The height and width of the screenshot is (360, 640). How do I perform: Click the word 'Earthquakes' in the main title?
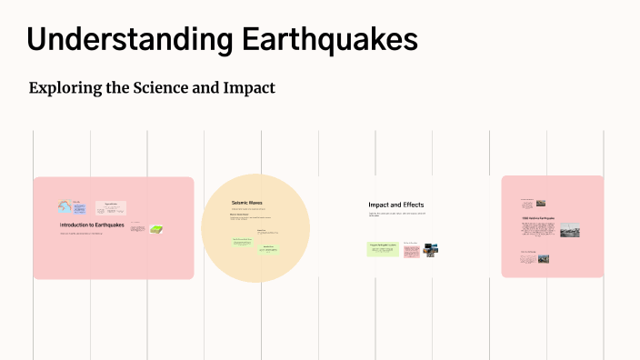343,41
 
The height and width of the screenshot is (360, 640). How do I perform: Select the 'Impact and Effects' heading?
395,205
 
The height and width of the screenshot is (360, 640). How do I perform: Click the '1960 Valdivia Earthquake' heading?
538,218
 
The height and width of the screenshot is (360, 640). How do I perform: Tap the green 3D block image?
156,229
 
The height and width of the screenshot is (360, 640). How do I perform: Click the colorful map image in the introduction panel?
65,207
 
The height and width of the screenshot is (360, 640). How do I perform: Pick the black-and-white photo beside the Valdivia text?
569,230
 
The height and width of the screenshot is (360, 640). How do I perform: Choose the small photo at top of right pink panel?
541,204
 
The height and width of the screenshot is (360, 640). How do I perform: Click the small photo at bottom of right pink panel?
542,258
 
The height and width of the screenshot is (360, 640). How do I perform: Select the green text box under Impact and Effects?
383,248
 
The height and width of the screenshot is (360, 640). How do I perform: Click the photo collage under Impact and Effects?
430,248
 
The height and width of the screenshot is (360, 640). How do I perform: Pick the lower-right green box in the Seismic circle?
269,249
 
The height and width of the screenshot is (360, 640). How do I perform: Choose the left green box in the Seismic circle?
242,242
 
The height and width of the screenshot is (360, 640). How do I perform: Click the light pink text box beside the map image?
111,208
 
